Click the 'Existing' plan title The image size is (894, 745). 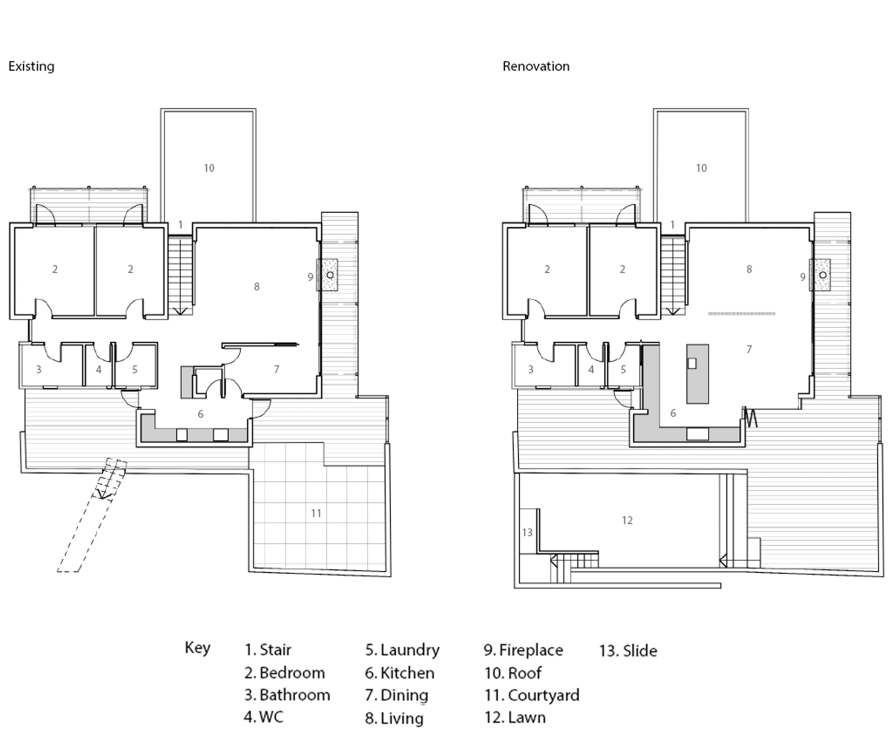[x=31, y=66]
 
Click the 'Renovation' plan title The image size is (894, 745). [x=535, y=66]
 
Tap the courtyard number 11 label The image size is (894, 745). [x=316, y=513]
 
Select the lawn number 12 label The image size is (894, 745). [x=627, y=520]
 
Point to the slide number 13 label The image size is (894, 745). [x=527, y=532]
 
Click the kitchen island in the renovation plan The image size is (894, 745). [x=698, y=373]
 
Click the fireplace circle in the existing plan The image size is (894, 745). [x=330, y=275]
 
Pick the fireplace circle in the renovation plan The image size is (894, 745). [x=823, y=275]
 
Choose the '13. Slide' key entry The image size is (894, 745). [x=628, y=650]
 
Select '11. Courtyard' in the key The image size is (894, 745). [x=532, y=695]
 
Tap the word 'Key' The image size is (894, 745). [x=197, y=648]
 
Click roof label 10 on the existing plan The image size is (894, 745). [x=209, y=168]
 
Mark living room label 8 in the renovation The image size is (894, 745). [x=749, y=269]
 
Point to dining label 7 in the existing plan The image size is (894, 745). [x=277, y=369]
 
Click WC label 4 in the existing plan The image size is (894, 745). [x=98, y=370]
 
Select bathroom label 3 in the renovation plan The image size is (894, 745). [x=530, y=370]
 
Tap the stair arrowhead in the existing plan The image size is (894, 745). [x=180, y=311]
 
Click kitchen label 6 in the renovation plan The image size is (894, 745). [x=673, y=413]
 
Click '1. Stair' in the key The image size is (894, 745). [x=268, y=650]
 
